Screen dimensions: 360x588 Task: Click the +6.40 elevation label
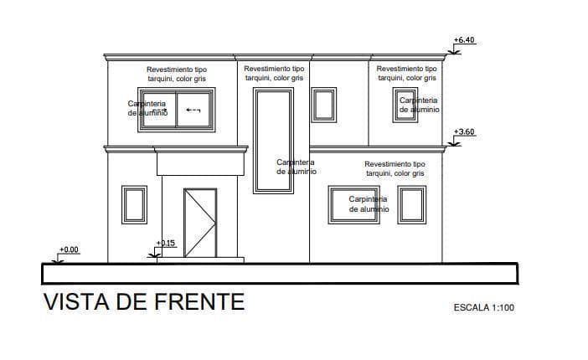463,40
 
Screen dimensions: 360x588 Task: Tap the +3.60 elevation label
463,132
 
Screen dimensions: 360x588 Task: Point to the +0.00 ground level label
69,249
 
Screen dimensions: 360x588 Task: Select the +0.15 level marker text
166,244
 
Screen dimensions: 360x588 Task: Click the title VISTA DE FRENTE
143,301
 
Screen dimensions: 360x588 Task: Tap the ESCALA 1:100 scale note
483,307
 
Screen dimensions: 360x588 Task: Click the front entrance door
200,222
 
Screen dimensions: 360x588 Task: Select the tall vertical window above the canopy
273,141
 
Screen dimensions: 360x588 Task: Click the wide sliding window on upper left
177,109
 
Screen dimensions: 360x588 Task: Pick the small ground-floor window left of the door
134,205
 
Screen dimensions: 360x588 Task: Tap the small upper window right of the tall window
324,105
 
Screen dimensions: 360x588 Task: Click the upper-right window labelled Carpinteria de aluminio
410,105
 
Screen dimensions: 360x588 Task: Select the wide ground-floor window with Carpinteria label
359,205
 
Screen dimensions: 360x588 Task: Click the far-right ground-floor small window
411,205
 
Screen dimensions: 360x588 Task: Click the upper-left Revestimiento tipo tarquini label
177,74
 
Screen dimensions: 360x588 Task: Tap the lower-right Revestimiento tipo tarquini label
394,168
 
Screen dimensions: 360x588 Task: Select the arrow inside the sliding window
194,110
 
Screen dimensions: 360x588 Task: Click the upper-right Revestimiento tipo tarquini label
406,73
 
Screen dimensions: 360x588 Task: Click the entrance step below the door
200,260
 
